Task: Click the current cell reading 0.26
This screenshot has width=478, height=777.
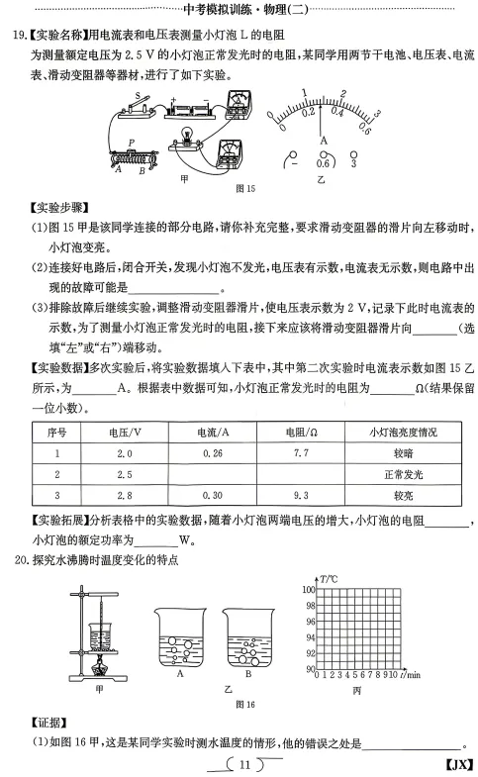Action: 211,453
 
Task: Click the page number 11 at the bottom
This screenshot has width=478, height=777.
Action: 242,762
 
